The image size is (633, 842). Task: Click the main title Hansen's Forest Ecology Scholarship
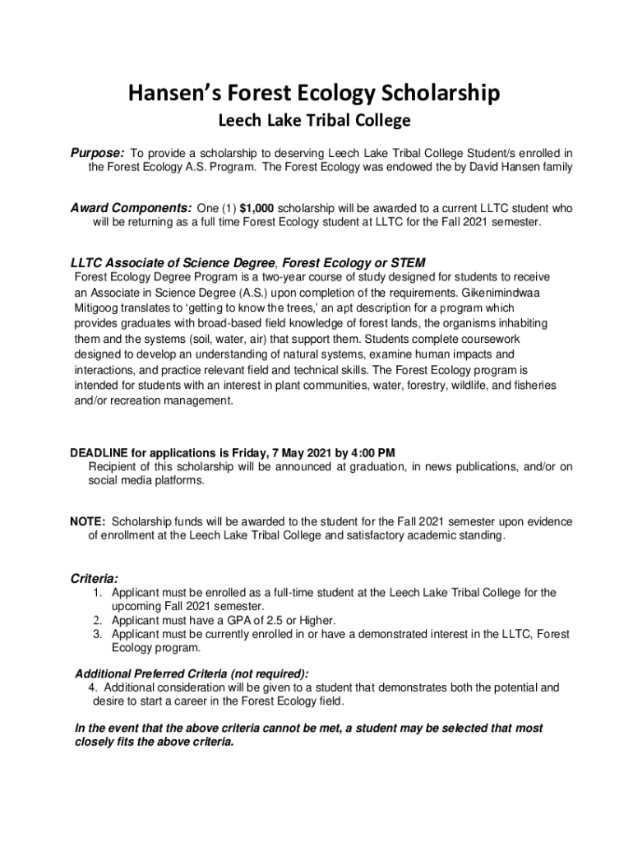pos(313,95)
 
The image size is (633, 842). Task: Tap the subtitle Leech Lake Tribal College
pos(313,122)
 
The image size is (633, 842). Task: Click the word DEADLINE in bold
pos(97,453)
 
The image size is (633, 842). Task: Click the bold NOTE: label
pos(87,522)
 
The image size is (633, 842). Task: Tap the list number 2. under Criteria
pos(96,620)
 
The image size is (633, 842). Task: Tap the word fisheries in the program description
pos(529,386)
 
